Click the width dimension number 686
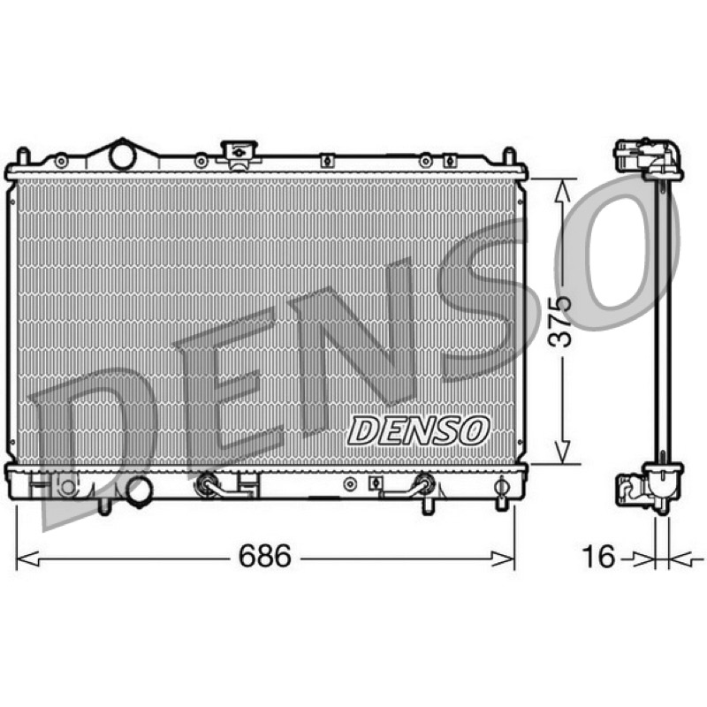[x=264, y=556]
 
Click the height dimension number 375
[x=559, y=322]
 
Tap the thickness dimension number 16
[x=598, y=556]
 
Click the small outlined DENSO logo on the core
[x=418, y=430]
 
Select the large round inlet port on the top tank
[x=122, y=156]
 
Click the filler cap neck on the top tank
[x=239, y=153]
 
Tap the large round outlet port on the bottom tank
[x=140, y=491]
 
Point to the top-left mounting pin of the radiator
[x=23, y=156]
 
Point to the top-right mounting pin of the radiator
[x=509, y=156]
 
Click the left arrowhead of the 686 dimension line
[x=27, y=559]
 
